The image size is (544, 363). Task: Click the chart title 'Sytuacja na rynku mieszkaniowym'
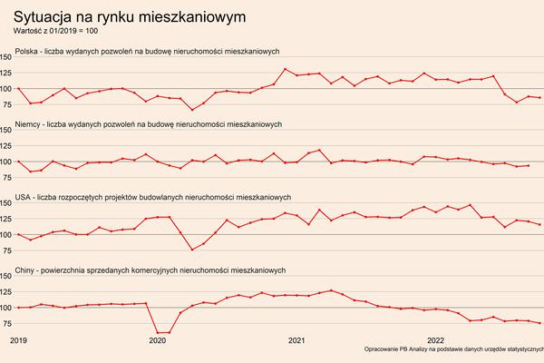click(128, 17)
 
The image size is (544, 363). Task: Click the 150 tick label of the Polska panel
click(6, 58)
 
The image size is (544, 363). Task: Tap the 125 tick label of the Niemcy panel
click(6, 146)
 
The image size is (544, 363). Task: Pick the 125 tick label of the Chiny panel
click(6, 292)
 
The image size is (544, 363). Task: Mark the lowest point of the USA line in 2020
click(192, 250)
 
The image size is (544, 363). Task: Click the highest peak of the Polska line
click(286, 69)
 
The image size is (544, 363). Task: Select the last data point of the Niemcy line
click(529, 165)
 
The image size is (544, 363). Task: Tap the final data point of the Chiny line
click(540, 323)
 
